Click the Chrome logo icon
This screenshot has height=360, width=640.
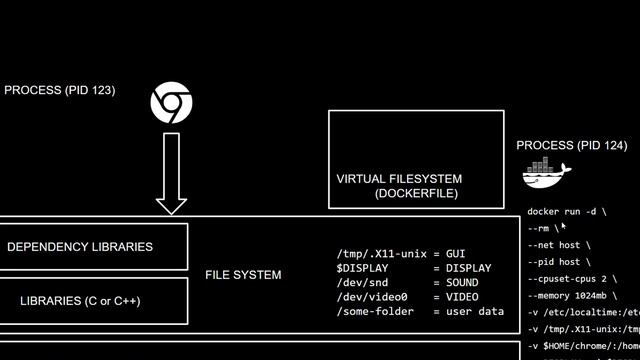pyautogui.click(x=171, y=104)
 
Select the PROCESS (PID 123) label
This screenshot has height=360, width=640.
pyautogui.click(x=60, y=90)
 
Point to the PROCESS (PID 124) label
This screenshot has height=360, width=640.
pyautogui.click(x=572, y=146)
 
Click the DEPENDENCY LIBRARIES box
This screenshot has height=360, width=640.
pyautogui.click(x=94, y=247)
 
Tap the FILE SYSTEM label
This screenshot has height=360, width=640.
pyautogui.click(x=243, y=275)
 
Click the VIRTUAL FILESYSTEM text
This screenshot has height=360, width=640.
pyautogui.click(x=399, y=180)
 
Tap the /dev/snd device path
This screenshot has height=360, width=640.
pyautogui.click(x=362, y=283)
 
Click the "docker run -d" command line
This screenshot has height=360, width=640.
pyautogui.click(x=566, y=212)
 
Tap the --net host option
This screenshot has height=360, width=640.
pyautogui.click(x=558, y=245)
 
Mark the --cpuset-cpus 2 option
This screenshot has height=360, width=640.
pyautogui.click(x=572, y=279)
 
